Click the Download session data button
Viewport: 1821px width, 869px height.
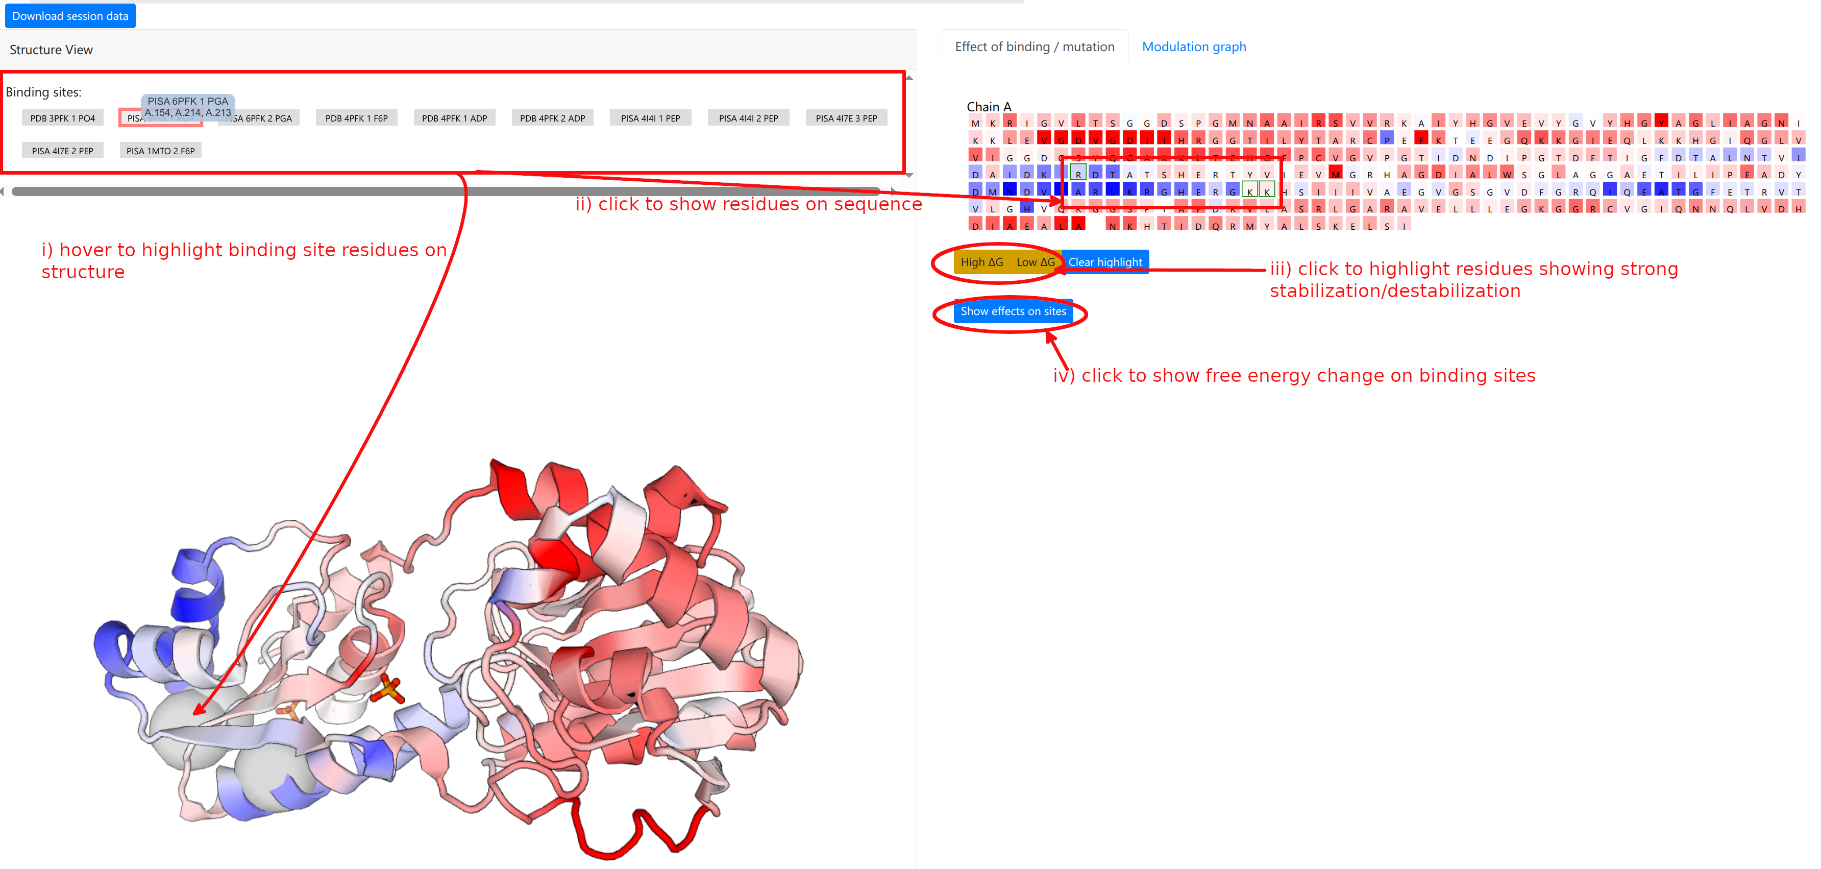[x=70, y=15]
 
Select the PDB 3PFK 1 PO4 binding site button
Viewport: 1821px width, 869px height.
[x=62, y=118]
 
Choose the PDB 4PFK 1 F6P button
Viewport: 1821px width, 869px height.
[x=356, y=118]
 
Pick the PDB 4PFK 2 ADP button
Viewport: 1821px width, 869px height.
[x=552, y=118]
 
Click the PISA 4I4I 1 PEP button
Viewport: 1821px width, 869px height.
[x=650, y=118]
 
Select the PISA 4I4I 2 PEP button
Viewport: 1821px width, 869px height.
[x=748, y=118]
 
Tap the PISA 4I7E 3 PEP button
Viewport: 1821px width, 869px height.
[x=846, y=118]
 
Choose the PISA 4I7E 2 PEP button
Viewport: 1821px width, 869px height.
[x=62, y=151]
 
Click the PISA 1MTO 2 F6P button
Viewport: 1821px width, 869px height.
[x=160, y=151]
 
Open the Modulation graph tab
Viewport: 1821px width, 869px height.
[x=1193, y=46]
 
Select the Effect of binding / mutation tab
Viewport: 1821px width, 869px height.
[x=1034, y=46]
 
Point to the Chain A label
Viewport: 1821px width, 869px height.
[x=988, y=107]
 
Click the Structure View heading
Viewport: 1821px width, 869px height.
[x=51, y=50]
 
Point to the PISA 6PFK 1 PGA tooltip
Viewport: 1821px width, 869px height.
[x=187, y=107]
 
